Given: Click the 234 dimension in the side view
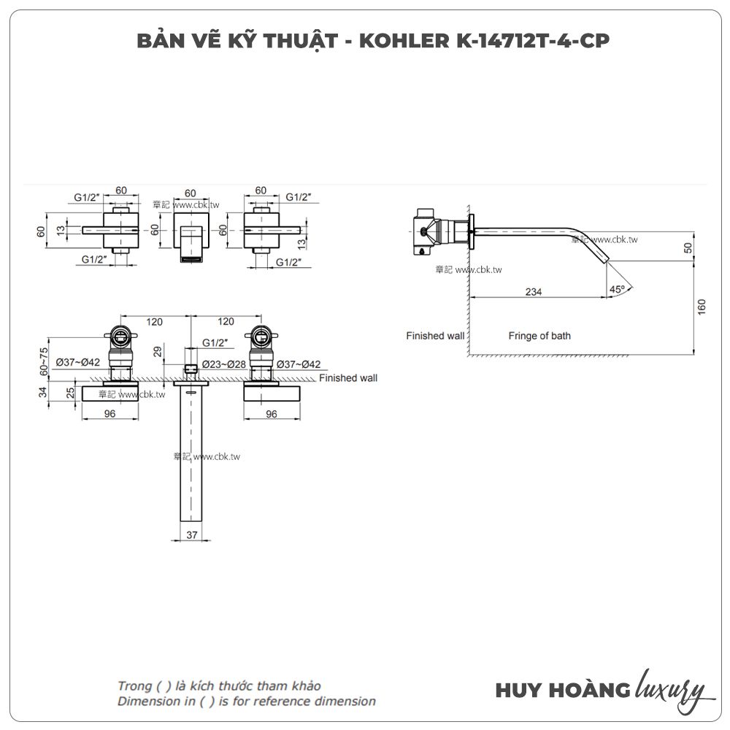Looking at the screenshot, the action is pos(533,291).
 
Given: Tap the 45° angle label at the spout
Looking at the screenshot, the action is pos(617,289).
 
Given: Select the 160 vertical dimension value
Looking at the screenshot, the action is pos(702,307).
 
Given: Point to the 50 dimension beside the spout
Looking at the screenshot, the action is pos(688,248).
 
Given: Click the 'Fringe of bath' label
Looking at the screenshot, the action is pos(539,336).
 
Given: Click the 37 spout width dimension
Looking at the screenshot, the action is pos(192,535).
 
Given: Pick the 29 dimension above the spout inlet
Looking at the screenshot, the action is pos(158,351).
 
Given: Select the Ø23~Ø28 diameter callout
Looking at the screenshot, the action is pos(224,364).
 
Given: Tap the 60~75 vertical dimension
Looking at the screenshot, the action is pos(44,361).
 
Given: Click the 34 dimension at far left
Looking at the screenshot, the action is pos(43,392).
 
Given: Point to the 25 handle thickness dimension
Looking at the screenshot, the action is pos(70,393).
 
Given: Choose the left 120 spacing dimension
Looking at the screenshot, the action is pos(154,322).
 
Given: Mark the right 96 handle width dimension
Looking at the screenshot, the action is pos(272,414).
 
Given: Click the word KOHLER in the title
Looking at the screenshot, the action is pos(404,41).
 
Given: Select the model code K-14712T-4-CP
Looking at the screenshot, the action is pos(533,41).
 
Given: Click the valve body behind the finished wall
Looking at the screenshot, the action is pos(427,232).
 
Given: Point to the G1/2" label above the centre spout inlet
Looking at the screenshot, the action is pos(215,343).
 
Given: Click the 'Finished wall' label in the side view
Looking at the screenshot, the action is pos(435,336).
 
